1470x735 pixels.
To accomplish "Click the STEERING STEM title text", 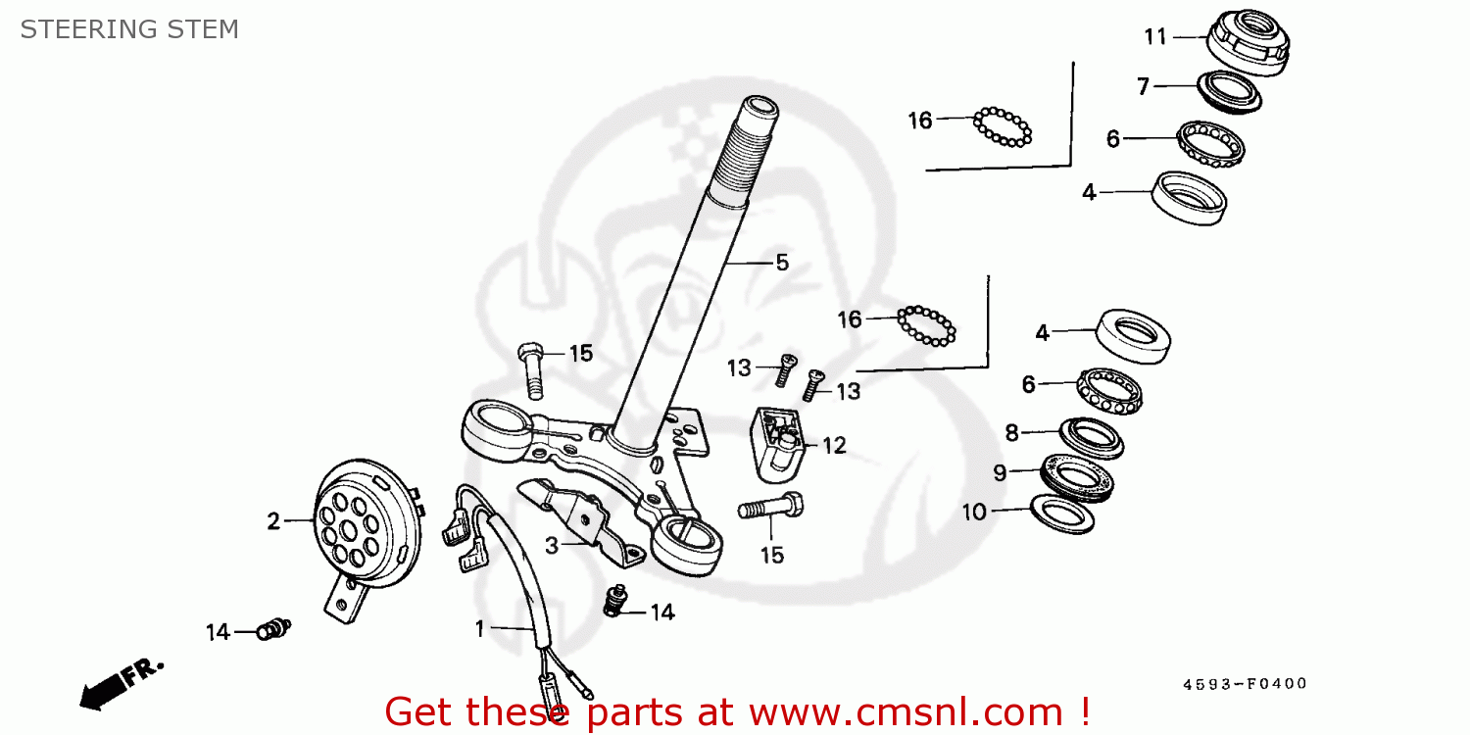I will click(x=129, y=29).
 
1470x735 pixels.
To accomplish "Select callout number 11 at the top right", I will click(x=1155, y=37).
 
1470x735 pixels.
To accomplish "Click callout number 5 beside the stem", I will click(x=781, y=263).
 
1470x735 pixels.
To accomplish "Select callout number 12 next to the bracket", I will click(x=833, y=446).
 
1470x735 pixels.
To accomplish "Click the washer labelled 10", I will click(x=1062, y=514).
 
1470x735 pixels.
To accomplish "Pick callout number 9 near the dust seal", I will click(x=1000, y=473).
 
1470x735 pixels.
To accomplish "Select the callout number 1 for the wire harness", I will click(x=480, y=629).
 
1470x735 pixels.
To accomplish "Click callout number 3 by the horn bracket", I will click(x=552, y=546).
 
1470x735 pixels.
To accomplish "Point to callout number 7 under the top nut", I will click(x=1143, y=86).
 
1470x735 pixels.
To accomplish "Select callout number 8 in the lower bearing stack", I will click(x=1011, y=433).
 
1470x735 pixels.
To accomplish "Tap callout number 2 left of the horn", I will click(x=273, y=521).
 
